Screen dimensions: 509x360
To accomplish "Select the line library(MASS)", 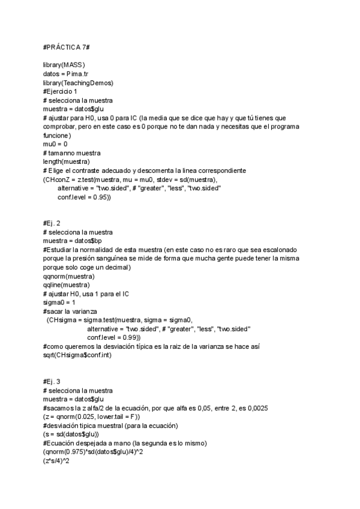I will tap(64, 64).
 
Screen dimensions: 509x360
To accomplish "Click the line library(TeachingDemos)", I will tap(79, 82).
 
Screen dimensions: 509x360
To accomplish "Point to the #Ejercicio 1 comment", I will tap(60, 91).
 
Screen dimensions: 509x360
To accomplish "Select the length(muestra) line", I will tap(67, 161).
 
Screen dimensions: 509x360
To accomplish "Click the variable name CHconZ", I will tap(59, 179).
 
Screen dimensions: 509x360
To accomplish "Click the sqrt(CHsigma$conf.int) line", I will tap(78, 355).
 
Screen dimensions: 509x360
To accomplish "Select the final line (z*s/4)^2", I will tap(57, 461).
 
